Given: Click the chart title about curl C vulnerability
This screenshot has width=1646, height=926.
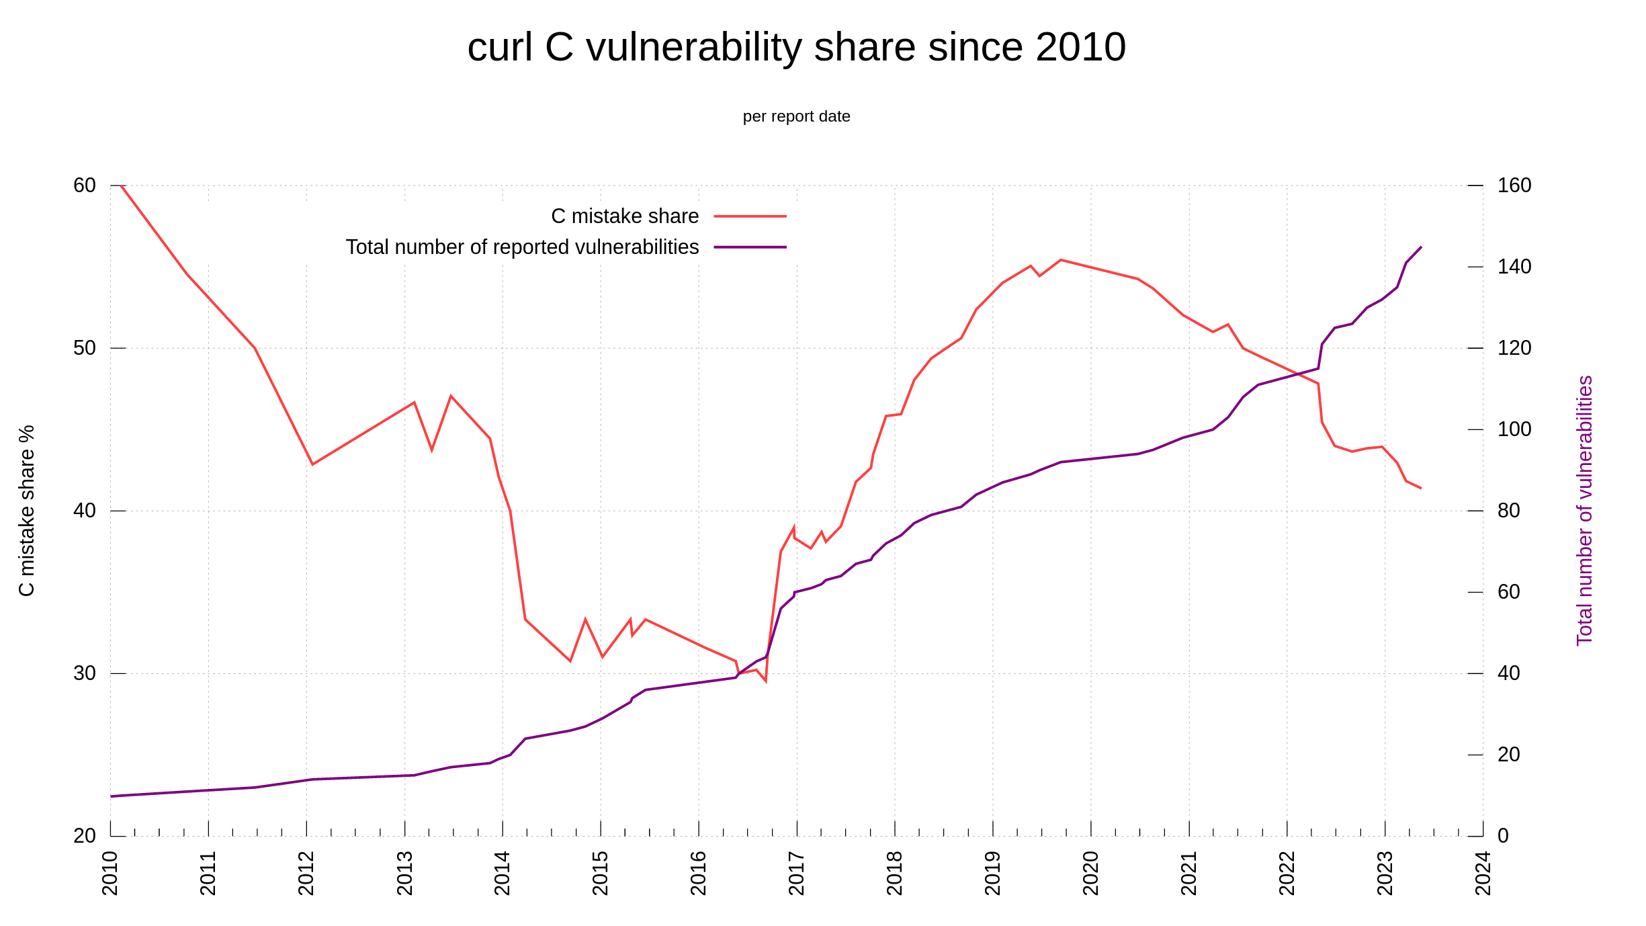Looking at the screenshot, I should pos(796,47).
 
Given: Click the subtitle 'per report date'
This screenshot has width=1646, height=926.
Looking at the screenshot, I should pos(796,116).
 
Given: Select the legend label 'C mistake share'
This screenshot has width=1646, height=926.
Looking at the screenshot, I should pos(625,216).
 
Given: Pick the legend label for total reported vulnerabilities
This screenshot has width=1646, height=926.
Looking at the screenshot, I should pos(522,247).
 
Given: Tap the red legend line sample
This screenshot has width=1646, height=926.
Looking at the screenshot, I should pos(750,216).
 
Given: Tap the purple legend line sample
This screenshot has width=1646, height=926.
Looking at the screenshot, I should pos(750,247).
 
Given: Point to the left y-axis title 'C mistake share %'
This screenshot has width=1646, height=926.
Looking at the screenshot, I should pos(26,510).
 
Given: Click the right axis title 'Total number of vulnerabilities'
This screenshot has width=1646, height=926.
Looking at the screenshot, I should pos(1584,510).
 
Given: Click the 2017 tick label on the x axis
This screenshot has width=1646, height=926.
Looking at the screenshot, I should pos(797,873).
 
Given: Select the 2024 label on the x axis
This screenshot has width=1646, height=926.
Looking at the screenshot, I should pos(1483,873).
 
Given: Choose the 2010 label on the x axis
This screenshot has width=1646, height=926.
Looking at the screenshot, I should pos(110,873).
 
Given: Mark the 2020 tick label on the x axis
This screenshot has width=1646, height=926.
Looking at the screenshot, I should pos(1091,873).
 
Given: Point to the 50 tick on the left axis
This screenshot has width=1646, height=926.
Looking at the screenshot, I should pos(85,348).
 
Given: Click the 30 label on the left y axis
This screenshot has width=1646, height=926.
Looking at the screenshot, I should pos(85,673).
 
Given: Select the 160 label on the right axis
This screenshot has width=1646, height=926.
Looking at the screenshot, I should pos(1514,185).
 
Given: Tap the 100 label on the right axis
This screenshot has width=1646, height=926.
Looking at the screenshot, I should pos(1514,429).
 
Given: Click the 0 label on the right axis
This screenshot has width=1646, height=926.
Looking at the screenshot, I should pos(1504,836).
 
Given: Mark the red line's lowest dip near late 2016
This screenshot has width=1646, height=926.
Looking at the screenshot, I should pos(765,681).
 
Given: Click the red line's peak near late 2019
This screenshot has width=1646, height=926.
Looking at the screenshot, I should pos(1060,259).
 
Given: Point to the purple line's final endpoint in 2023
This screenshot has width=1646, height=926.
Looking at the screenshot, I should pos(1421,247).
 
